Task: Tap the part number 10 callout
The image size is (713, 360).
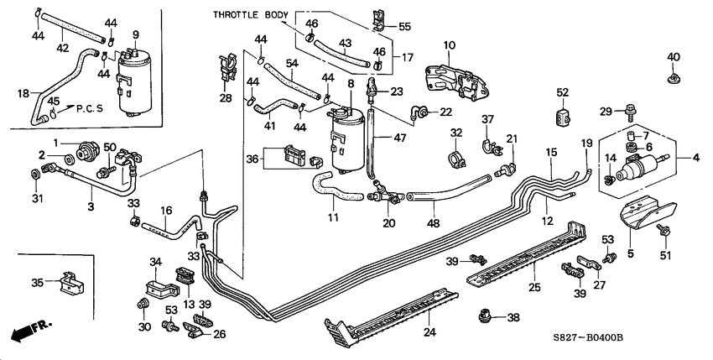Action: point(449,44)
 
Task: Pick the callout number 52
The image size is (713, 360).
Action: point(563,92)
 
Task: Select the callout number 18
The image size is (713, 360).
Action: point(23,93)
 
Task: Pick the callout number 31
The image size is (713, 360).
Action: point(36,198)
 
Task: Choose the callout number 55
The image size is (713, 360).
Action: point(404,27)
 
